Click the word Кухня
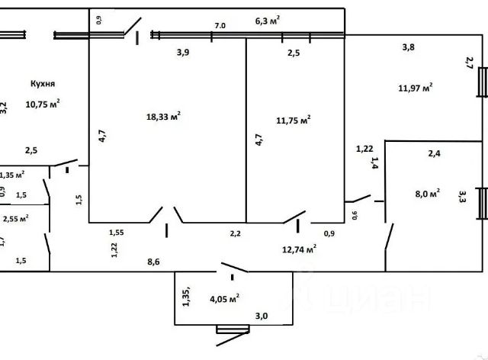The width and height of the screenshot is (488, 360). click(43, 85)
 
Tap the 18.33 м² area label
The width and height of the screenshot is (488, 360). click(163, 116)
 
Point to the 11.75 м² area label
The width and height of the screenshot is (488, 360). click(294, 120)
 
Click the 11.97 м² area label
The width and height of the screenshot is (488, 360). click(415, 87)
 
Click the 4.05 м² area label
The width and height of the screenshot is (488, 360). click(226, 297)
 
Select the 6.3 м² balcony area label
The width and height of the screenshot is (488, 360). click(267, 21)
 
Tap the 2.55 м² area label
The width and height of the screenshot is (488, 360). click(16, 218)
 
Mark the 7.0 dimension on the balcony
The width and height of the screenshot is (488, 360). click(220, 25)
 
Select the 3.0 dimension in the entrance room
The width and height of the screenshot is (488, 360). click(261, 315)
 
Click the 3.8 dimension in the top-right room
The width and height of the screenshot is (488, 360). click(408, 47)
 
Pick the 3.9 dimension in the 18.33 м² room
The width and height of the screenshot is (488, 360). click(182, 52)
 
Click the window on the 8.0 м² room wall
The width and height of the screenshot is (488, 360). click(481, 203)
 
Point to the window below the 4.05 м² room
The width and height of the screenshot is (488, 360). click(233, 329)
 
